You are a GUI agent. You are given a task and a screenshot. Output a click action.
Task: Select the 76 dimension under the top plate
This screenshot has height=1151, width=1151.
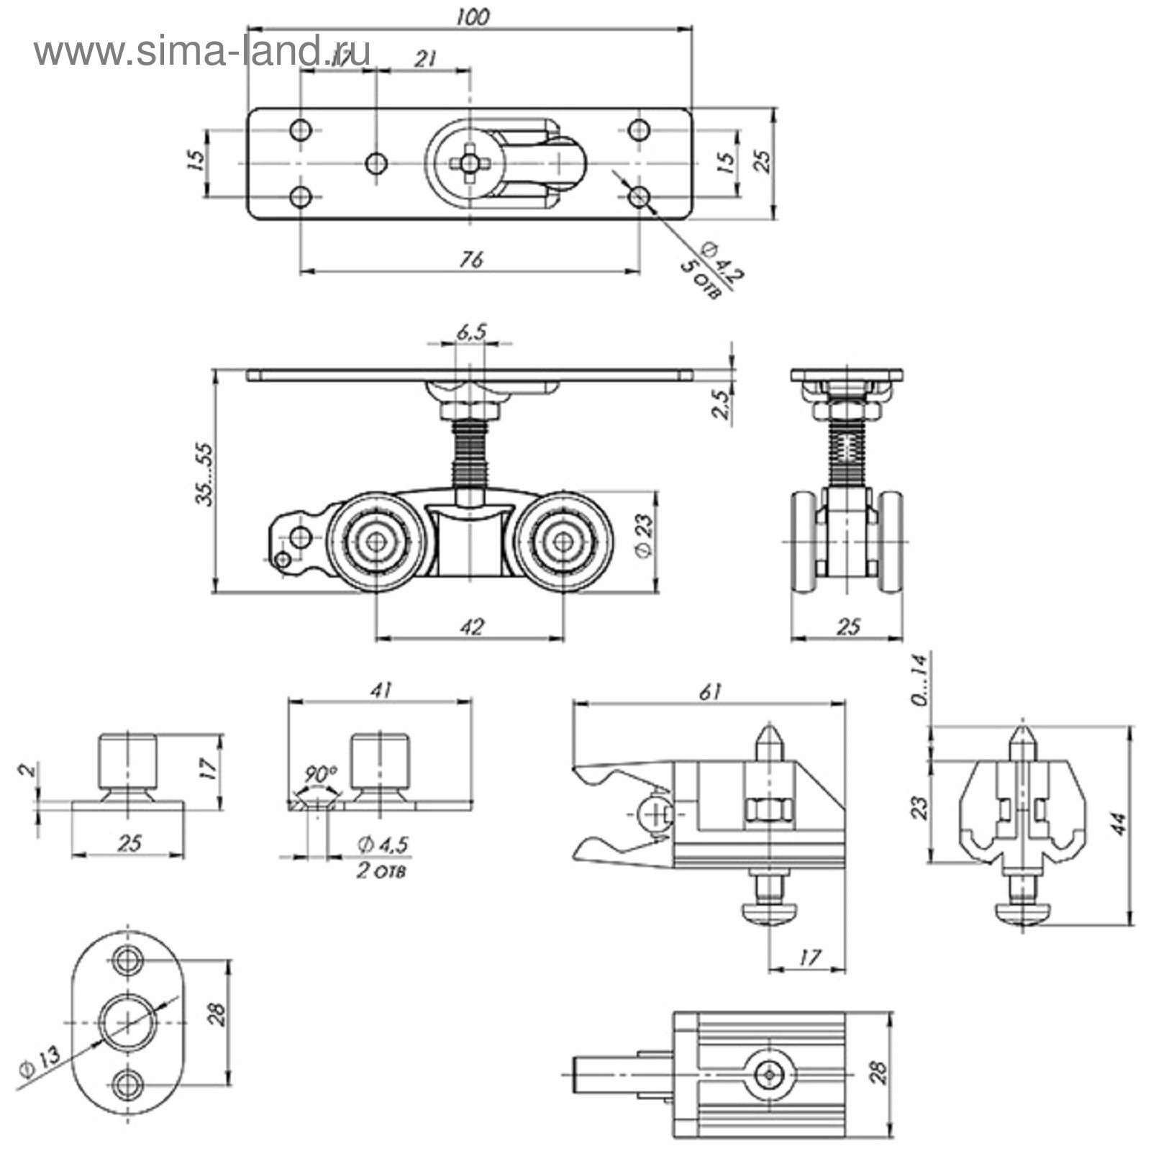[x=470, y=259]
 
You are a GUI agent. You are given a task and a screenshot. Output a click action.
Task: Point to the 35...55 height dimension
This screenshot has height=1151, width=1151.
[x=205, y=475]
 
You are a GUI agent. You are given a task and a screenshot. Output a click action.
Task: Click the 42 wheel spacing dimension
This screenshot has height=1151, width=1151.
[x=470, y=627]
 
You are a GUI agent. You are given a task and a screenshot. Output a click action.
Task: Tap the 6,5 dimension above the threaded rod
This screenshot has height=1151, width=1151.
[x=471, y=332]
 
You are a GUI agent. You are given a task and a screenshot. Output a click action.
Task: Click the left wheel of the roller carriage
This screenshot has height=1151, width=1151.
[x=376, y=542]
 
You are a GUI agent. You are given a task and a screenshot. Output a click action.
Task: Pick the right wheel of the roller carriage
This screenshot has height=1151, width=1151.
[x=563, y=542]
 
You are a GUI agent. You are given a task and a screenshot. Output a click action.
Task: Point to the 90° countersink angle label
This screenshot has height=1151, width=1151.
[x=319, y=775]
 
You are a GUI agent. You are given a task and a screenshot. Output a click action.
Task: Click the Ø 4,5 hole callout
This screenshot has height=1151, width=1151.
[x=383, y=844]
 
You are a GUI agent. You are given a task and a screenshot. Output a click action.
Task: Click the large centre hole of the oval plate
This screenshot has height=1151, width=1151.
[x=127, y=1022]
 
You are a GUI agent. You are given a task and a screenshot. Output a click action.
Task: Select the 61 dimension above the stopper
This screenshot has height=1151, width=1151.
[x=709, y=692]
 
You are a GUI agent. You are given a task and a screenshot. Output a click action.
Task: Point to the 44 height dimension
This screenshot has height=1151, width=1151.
[x=1119, y=824]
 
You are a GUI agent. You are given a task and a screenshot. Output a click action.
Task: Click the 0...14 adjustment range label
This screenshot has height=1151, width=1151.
[x=921, y=680]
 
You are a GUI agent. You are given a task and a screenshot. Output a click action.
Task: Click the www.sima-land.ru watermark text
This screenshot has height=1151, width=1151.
[x=202, y=52]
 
